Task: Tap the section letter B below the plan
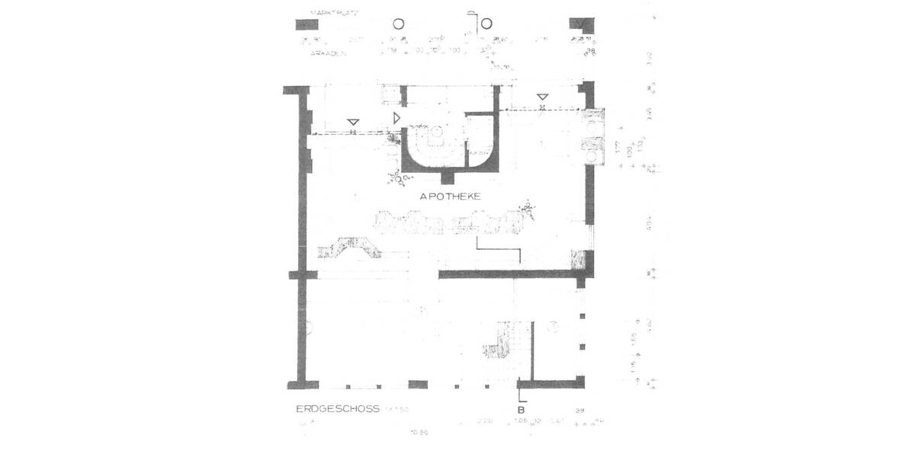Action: click(x=522, y=409)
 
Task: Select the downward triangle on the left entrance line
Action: click(x=353, y=123)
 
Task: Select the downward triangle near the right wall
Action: click(x=541, y=97)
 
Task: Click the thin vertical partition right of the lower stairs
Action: click(x=532, y=350)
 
